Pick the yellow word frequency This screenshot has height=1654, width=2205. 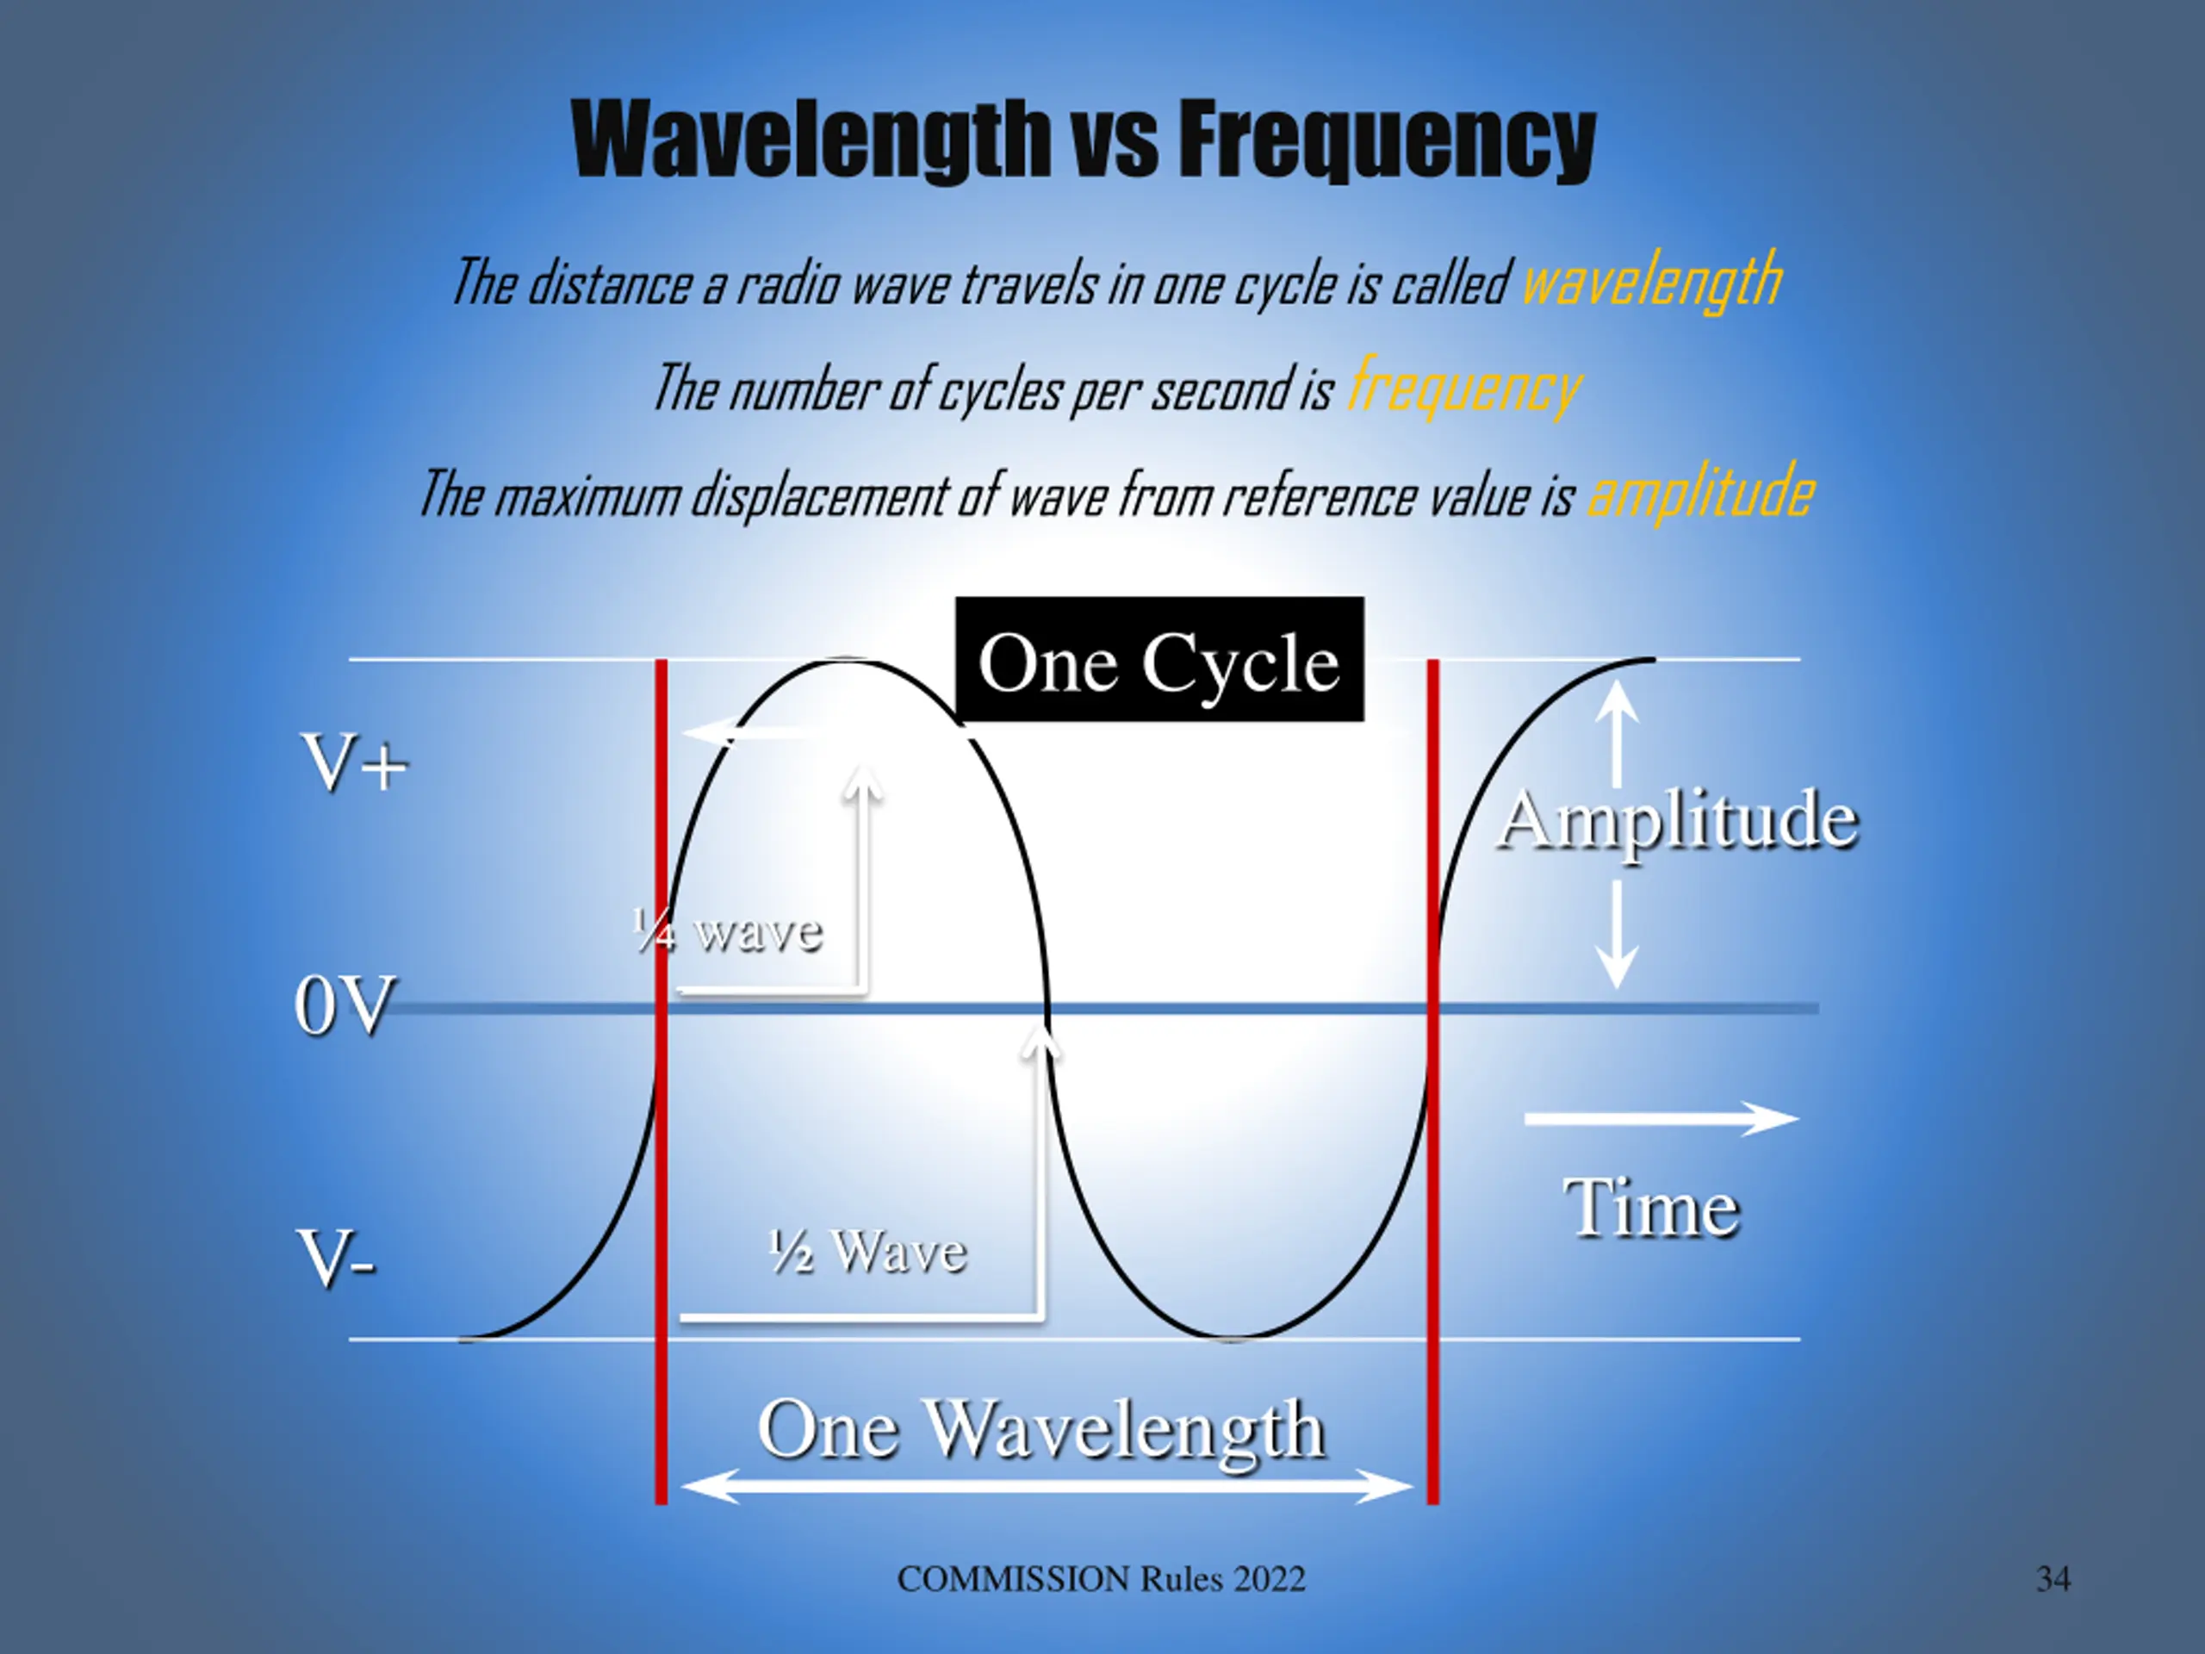(1463, 387)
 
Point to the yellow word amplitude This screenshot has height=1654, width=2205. (1699, 493)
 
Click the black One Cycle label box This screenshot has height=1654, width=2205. (1158, 660)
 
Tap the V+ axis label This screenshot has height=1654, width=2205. (355, 764)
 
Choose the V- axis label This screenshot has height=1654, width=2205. (337, 1259)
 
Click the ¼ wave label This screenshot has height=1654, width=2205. (728, 932)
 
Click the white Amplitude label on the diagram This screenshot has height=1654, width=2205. (1678, 819)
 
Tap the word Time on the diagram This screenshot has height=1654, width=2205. (1652, 1208)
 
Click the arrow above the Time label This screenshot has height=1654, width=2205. (1661, 1119)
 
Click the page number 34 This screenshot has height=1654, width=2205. (2053, 1579)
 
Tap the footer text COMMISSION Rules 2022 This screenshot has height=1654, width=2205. (1101, 1579)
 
